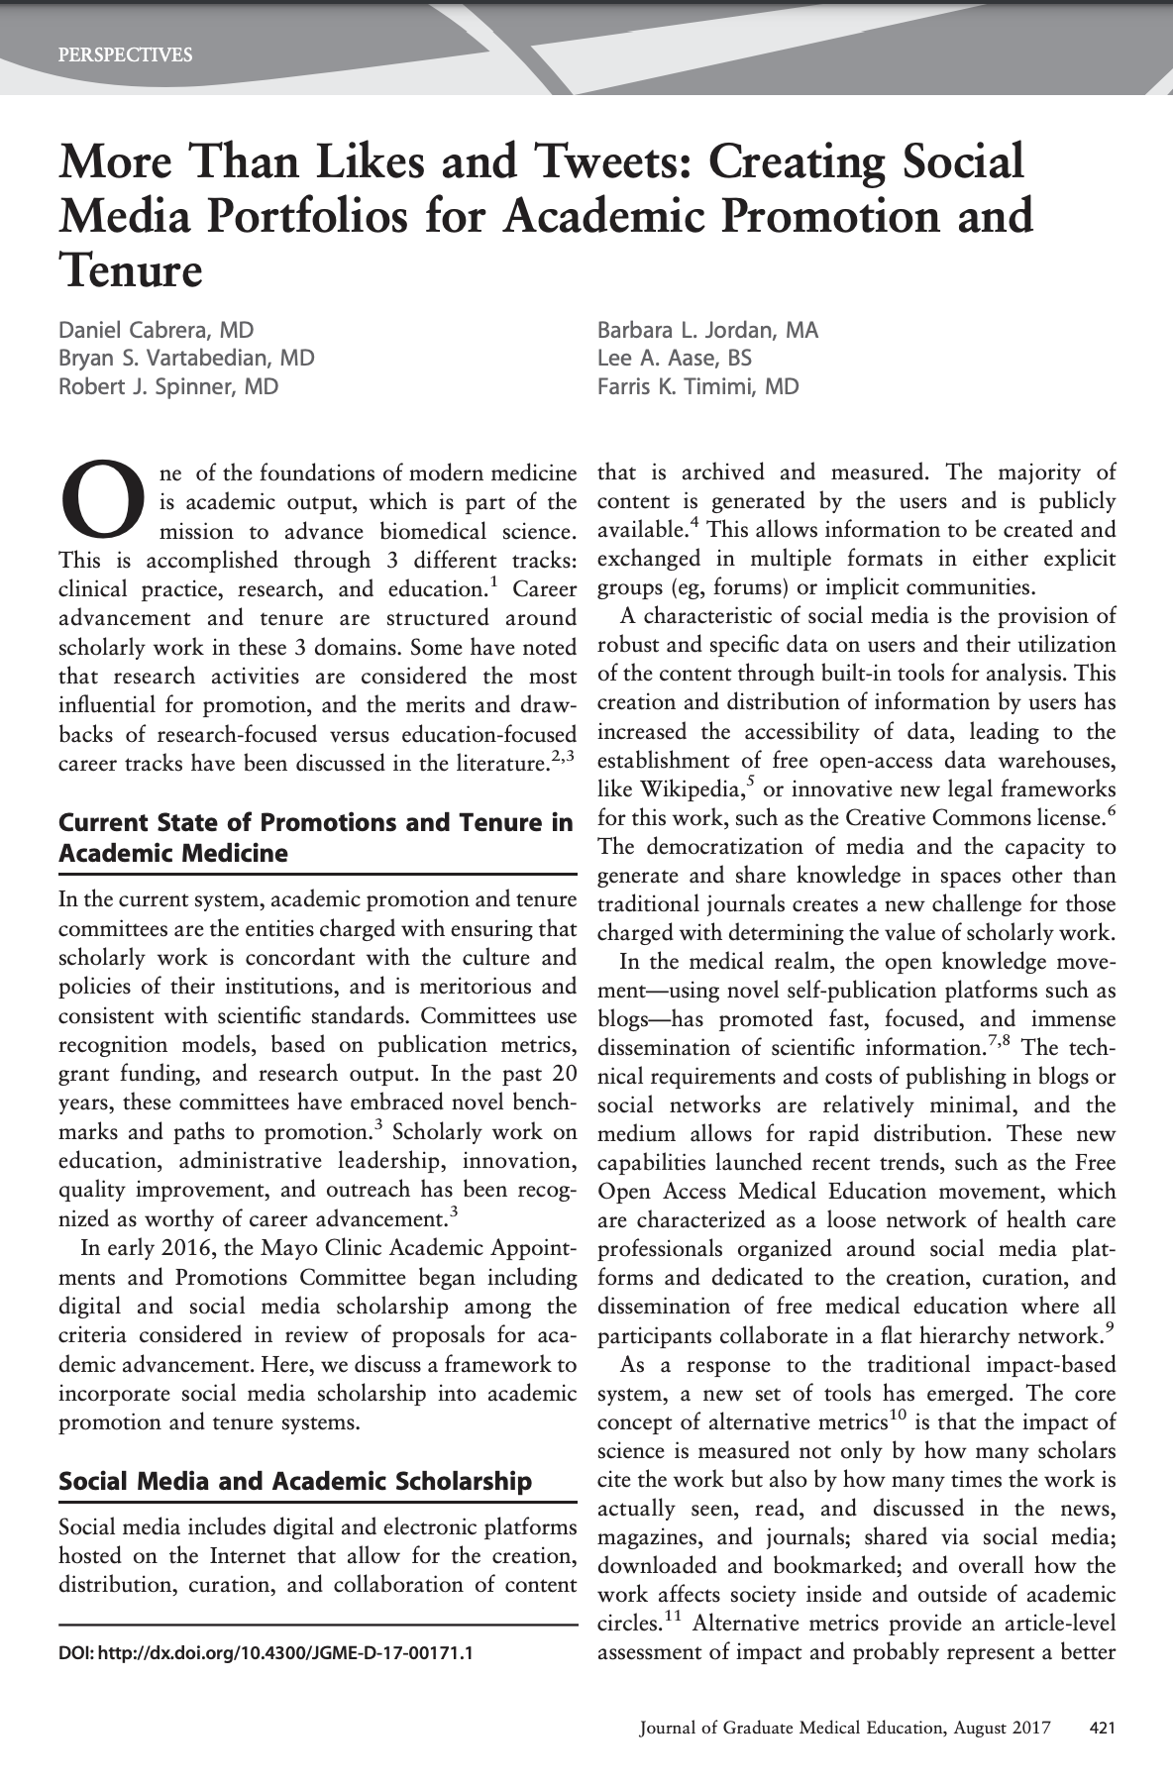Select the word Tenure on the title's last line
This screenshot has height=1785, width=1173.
[x=131, y=269]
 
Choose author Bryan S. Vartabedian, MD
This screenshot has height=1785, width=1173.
[x=187, y=359]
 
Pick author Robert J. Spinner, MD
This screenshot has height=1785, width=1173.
[x=168, y=386]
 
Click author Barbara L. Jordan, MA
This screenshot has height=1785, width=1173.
[x=707, y=331]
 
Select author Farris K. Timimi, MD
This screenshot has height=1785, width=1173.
[x=697, y=386]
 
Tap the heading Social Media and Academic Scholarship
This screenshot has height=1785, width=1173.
[x=295, y=1482]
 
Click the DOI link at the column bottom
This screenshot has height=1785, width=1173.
[x=266, y=1653]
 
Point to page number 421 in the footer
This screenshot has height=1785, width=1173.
[x=1103, y=1729]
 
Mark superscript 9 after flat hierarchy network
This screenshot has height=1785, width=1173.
[x=1111, y=1328]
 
